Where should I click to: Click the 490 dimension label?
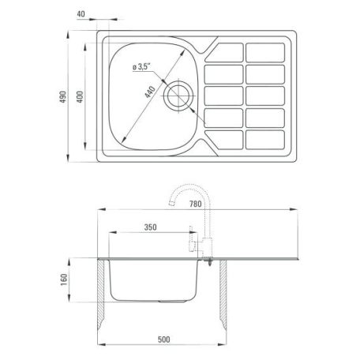point(63,96)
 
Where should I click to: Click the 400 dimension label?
point(80,96)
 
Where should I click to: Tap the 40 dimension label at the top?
point(81,13)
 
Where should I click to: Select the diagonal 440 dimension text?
point(150,92)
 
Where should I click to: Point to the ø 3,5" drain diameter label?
point(141,67)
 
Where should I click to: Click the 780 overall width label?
point(195,204)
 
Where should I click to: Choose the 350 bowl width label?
point(150,227)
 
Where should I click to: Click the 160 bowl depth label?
point(64,280)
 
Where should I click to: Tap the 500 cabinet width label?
point(163,339)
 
